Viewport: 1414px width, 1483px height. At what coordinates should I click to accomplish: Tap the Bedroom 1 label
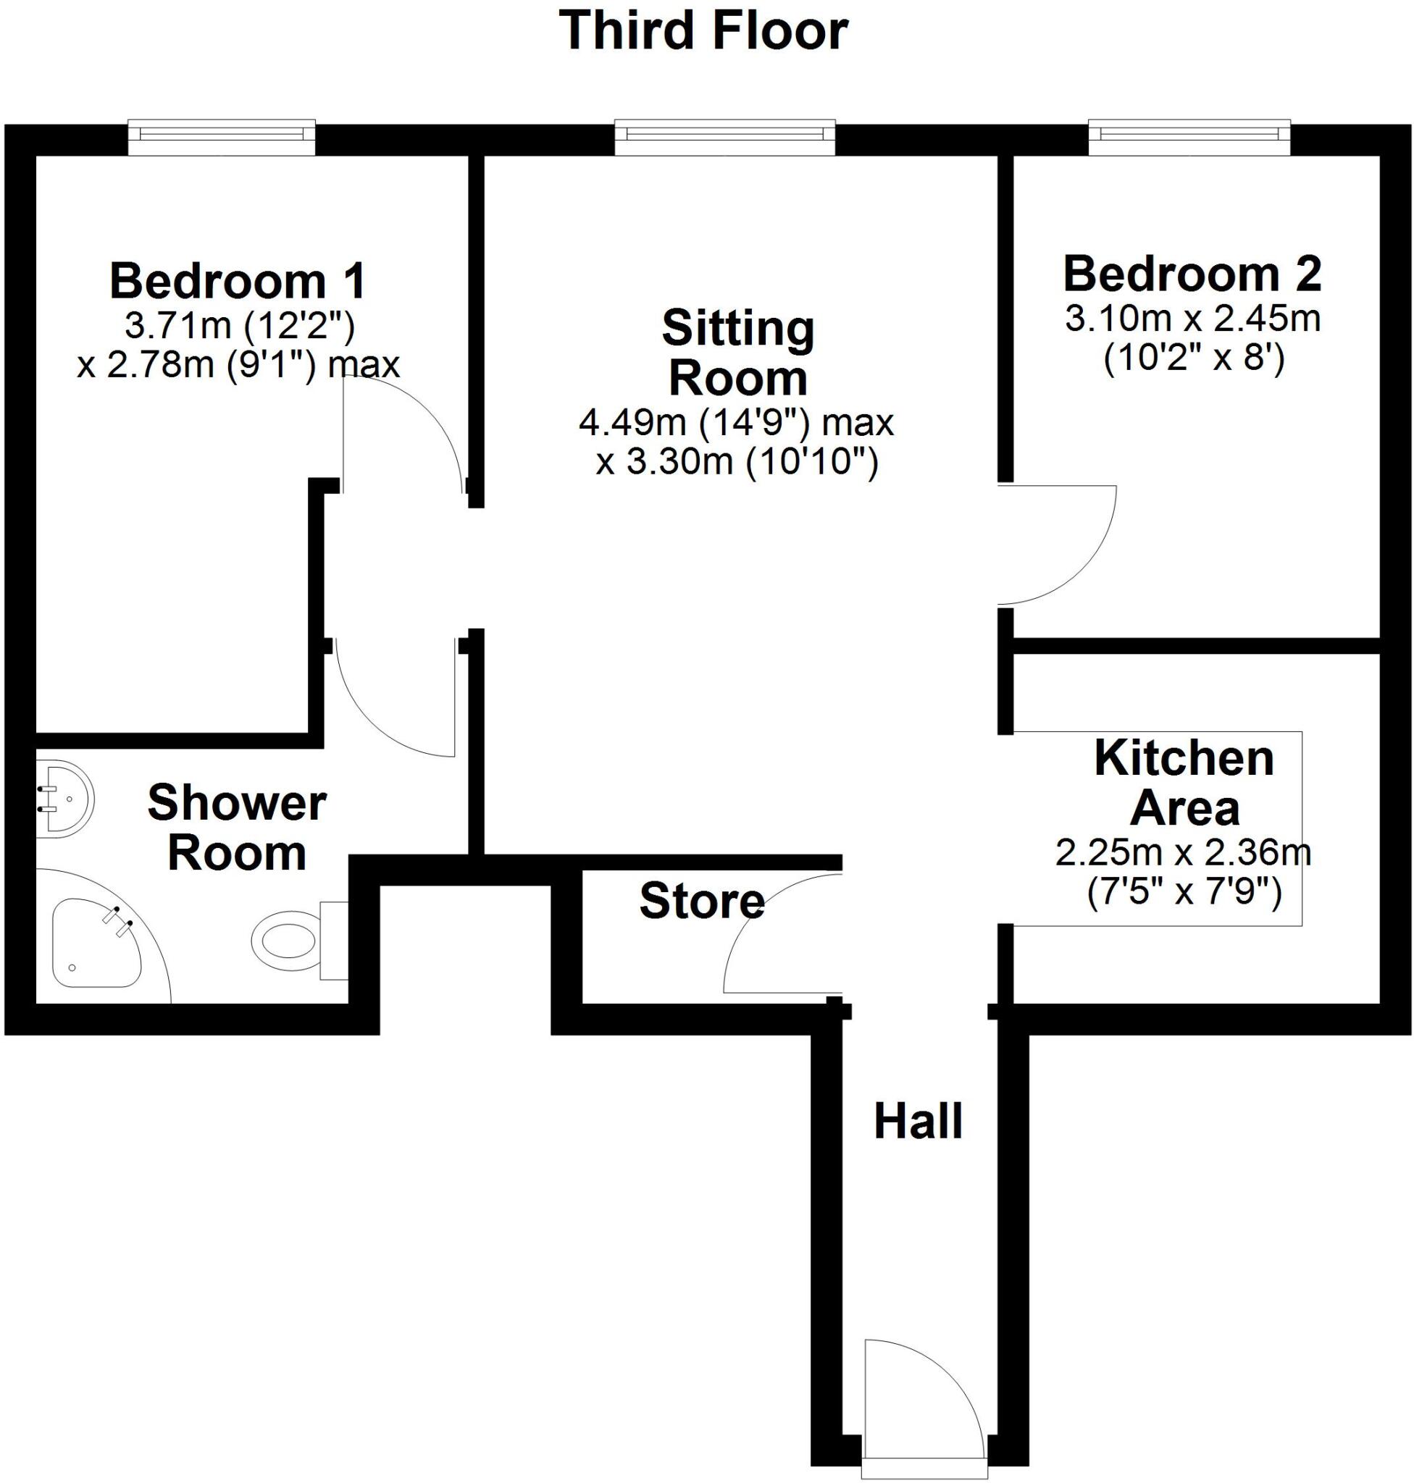(238, 281)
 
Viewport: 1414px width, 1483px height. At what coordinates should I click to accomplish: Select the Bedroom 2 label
(1192, 274)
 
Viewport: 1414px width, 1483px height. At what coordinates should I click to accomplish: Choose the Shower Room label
(237, 828)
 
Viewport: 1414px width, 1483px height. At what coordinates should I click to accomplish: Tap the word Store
(702, 901)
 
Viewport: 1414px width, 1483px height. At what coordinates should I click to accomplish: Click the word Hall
(918, 1121)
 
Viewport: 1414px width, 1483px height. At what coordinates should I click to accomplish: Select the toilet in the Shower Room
(290, 941)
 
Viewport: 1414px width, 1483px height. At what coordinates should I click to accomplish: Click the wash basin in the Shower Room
(67, 799)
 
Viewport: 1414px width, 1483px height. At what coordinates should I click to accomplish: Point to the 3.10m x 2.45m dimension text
(1192, 319)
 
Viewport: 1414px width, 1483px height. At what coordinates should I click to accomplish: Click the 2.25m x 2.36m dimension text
(1184, 853)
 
